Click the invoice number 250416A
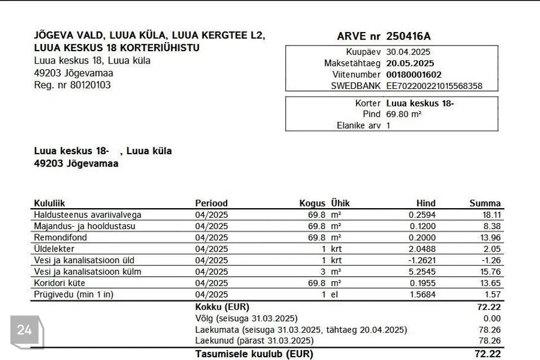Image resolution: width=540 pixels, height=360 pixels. pos(408,37)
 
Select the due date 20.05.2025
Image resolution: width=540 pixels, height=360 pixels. pos(410,63)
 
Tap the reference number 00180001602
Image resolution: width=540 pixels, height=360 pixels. pos(414,74)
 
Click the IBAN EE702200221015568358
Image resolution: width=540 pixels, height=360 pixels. pos(434,86)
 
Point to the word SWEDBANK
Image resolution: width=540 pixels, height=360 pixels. pos(356,86)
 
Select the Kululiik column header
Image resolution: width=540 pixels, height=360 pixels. pos(50,204)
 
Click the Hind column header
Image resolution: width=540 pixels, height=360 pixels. pos(426,204)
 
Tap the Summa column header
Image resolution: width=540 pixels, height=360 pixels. pos(485,204)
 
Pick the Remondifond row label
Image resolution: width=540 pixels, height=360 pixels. pos(61,237)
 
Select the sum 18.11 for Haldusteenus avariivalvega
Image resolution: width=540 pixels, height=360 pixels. pos(492,215)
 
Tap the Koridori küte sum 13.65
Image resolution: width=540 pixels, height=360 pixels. pos(491,283)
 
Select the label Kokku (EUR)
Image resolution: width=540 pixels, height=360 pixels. pos(222,307)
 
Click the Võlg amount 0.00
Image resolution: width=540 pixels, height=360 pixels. pos(492,318)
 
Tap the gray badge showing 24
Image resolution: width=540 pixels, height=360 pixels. pos(25,330)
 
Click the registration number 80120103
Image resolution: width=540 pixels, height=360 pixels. pos(91,85)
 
